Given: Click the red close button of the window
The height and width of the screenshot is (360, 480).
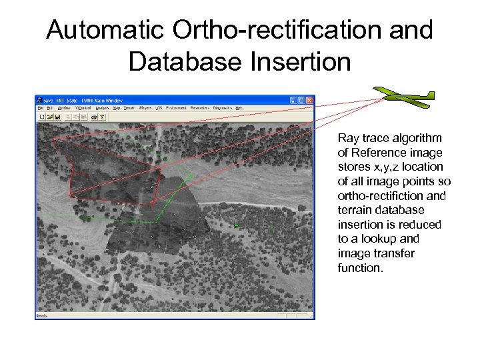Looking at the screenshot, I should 309,100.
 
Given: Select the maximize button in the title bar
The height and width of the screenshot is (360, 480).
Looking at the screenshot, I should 301,100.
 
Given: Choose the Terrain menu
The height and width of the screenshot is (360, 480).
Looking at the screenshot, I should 129,107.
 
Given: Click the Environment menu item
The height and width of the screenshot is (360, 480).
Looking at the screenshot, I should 176,107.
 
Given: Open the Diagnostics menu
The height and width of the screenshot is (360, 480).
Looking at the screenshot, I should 226,107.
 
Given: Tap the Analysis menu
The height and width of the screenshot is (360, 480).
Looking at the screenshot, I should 102,107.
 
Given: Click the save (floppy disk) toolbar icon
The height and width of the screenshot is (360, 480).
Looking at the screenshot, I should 58,117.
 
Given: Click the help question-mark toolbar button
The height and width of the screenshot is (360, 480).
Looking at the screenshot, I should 102,117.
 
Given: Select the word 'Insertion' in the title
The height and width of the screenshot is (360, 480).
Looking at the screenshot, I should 307,61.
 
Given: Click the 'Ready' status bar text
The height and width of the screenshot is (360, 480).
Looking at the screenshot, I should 41,316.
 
